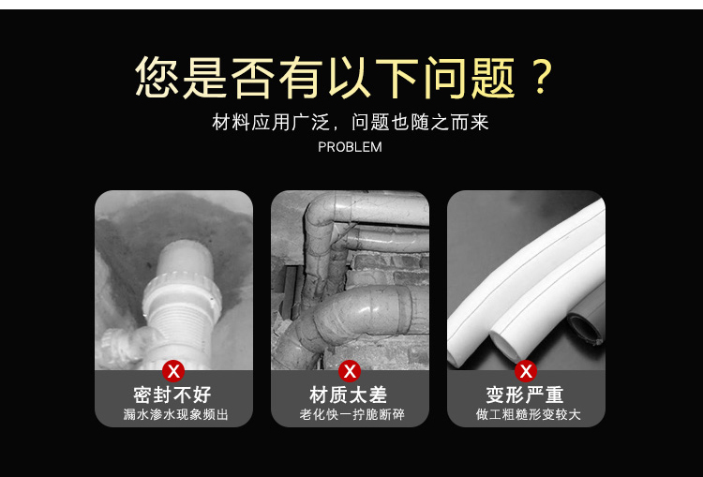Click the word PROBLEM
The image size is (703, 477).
(350, 147)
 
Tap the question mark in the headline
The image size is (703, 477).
(542, 77)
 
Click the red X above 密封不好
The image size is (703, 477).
(173, 371)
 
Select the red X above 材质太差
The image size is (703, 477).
(350, 371)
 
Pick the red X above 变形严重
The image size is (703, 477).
(526, 371)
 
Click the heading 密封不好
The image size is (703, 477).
(172, 395)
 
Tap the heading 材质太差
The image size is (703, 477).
(349, 395)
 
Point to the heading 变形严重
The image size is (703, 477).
(525, 395)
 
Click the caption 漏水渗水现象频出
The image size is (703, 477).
(176, 414)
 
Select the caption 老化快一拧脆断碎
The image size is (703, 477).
(351, 414)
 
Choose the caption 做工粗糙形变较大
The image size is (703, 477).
(529, 414)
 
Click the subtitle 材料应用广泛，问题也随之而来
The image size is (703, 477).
(351, 123)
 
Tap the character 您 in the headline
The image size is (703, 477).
(157, 77)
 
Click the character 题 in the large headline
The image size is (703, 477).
(493, 77)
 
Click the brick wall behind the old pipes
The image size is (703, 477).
(390, 269)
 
